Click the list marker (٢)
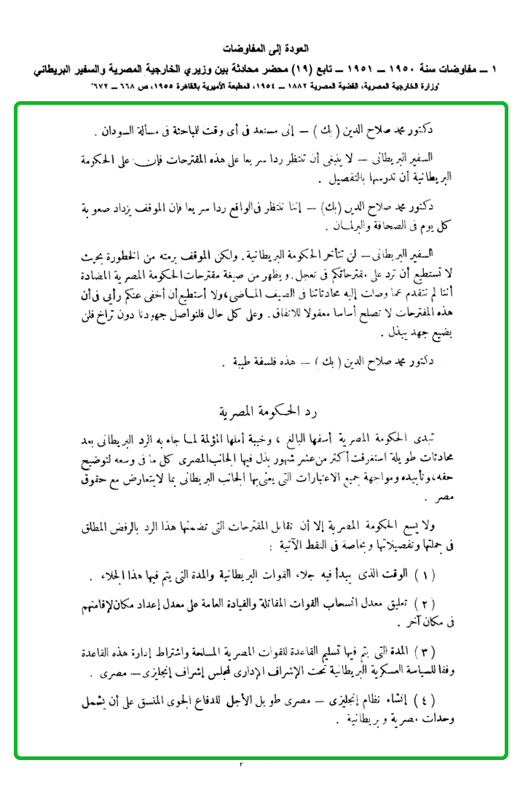(x=445, y=605)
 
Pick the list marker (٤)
(x=445, y=703)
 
